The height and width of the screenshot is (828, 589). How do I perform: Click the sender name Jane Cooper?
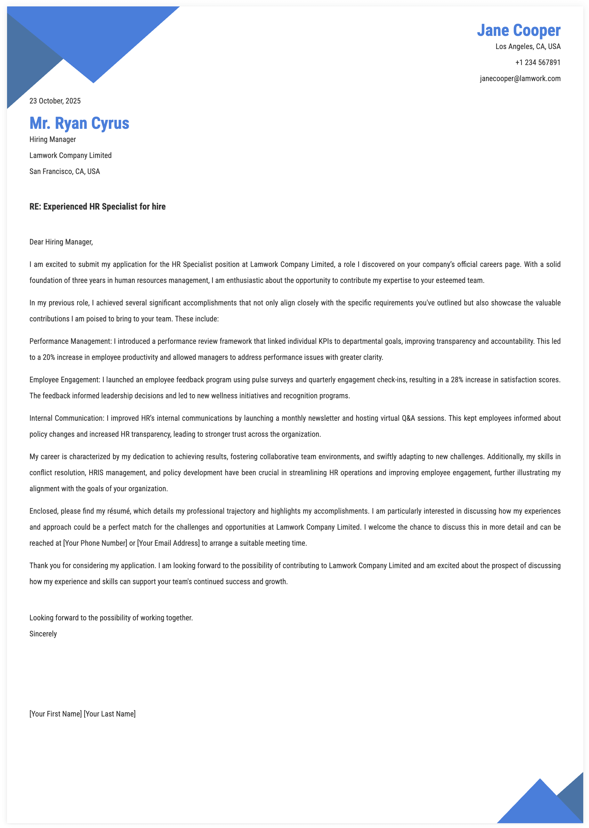click(x=518, y=30)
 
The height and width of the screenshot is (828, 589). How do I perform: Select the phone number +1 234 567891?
click(x=537, y=62)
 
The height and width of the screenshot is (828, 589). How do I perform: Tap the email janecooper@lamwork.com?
click(x=520, y=79)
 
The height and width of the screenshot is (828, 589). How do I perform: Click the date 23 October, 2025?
click(x=55, y=101)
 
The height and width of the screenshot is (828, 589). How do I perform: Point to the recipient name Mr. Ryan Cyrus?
click(x=79, y=123)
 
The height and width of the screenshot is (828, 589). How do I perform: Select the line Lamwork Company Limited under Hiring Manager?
click(x=70, y=155)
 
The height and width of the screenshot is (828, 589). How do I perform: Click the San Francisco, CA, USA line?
click(x=65, y=171)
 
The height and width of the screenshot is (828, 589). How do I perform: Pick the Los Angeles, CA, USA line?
click(x=528, y=46)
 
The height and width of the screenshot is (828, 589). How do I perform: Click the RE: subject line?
click(x=97, y=207)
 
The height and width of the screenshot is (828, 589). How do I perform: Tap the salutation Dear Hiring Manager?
click(x=61, y=242)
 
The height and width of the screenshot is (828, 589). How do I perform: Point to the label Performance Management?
click(x=70, y=341)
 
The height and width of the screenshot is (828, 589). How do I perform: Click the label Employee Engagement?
click(x=65, y=380)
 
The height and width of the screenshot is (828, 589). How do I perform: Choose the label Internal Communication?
click(x=67, y=418)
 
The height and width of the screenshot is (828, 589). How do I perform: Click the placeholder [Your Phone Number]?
click(x=95, y=543)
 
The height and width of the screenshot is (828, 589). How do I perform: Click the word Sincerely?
click(x=43, y=634)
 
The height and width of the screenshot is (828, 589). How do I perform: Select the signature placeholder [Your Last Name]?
click(x=109, y=714)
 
